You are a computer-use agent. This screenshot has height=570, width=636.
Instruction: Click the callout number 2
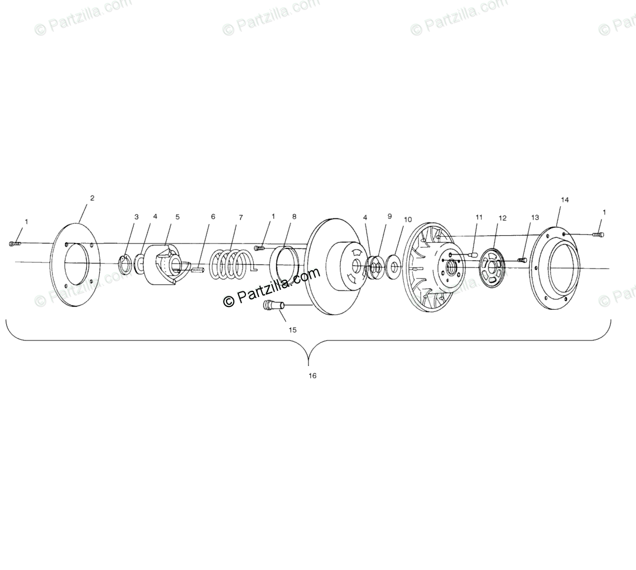coord(92,198)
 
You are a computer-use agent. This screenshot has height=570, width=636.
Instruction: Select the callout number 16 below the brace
coord(312,376)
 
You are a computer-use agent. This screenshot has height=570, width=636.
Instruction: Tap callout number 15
coord(292,330)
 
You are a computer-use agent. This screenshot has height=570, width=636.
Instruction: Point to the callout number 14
coord(565,200)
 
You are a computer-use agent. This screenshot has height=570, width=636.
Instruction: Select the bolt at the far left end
coord(15,243)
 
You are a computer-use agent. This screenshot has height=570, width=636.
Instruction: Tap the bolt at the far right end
coord(598,235)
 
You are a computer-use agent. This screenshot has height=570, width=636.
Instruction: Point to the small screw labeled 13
coord(522,260)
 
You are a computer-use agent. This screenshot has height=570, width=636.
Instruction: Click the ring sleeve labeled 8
coord(287,264)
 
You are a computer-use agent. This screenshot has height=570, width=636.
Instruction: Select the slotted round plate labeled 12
coord(492,269)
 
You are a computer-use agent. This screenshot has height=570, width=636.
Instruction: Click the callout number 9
coord(389,217)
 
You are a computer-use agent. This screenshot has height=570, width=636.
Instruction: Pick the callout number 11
coord(478,217)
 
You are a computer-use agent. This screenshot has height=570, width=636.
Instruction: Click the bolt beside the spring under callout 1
coord(259,248)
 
